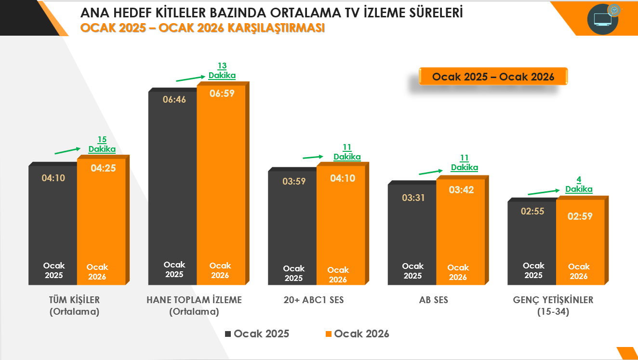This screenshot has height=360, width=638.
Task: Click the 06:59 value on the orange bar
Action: coord(222,93)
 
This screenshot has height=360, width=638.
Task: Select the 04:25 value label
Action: coord(103,168)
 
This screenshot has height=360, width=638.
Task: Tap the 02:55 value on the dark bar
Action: coord(532,211)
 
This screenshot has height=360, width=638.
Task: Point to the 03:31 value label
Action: coord(413,198)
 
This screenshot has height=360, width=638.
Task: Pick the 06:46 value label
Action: coord(174,100)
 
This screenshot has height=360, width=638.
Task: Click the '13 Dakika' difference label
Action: coord(222,71)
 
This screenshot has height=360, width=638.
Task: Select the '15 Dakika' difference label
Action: coord(102,145)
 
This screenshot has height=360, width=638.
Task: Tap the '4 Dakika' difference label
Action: coord(579,185)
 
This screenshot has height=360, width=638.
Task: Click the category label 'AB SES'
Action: coord(434,300)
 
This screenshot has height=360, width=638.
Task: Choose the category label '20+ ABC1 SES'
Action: coord(314,300)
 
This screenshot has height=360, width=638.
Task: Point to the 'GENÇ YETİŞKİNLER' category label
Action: coord(553,300)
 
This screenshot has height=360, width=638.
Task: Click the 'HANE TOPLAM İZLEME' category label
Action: coord(194,300)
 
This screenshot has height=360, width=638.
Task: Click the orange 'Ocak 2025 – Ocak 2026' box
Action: coord(493,77)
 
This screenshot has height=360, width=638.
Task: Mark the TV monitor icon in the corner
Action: coord(603,19)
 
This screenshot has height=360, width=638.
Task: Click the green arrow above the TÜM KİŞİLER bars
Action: coord(68,150)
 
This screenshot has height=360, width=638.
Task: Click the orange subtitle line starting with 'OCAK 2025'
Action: coord(202,28)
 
